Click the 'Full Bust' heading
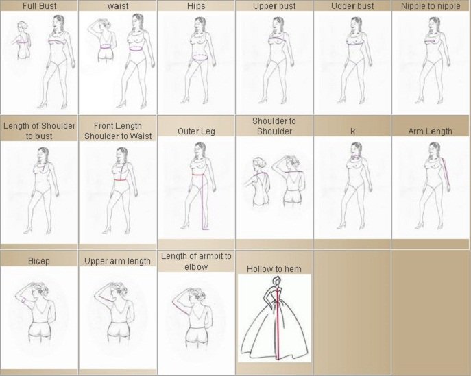pos(39,6)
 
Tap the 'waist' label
pos(118,6)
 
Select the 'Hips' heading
pos(196,6)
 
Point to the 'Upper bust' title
pos(274,6)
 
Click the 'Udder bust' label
pos(352,6)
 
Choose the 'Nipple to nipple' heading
pos(431,6)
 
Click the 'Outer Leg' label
pos(196,131)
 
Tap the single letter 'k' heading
pos(352,131)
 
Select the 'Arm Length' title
pos(430,131)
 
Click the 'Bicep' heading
pos(39,261)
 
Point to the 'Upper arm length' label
pos(117,261)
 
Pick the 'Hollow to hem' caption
pos(274,269)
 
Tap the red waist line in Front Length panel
pos(120,180)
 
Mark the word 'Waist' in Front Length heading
pos(141,136)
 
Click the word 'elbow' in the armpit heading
pos(196,267)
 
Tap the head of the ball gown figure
pos(276,281)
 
